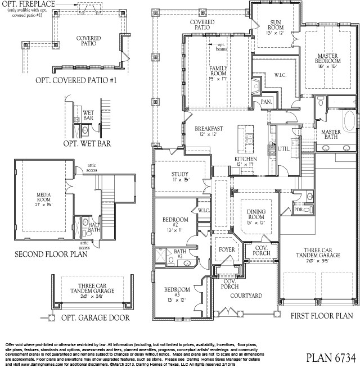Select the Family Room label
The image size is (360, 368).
click(218, 71)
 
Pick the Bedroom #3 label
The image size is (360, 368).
click(175, 292)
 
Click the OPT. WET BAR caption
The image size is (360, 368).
click(86, 143)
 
